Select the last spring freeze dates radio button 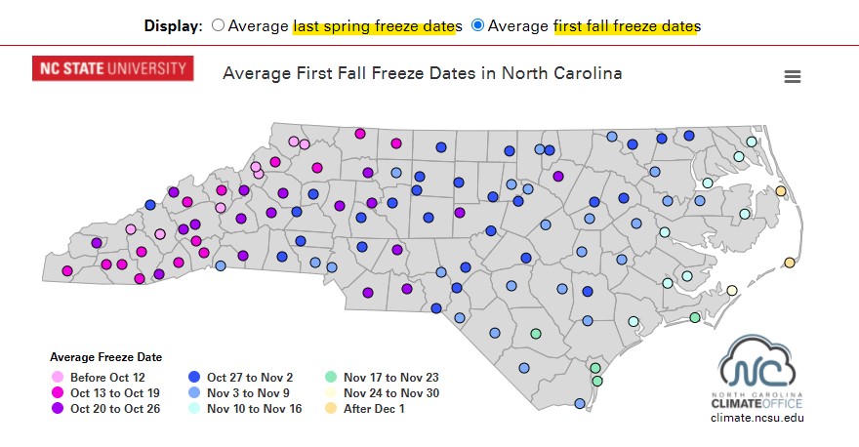point(218,24)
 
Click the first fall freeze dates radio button point(477,24)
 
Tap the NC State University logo point(112,68)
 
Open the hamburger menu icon point(793,76)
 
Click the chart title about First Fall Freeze point(422,73)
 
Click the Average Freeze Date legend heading point(105,357)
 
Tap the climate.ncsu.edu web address point(757,418)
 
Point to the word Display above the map point(173,25)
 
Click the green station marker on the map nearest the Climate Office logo point(695,317)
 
